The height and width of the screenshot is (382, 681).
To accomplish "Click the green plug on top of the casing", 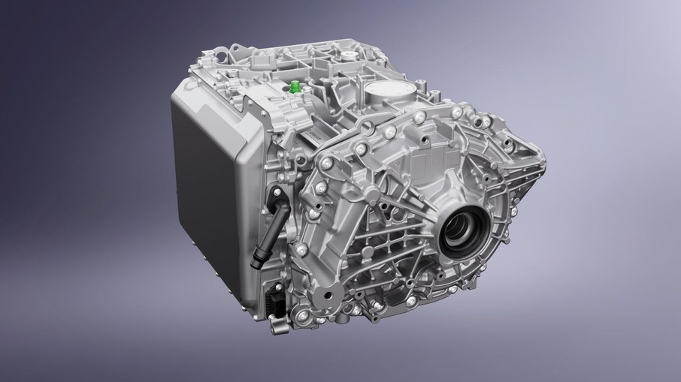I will (295, 86).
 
